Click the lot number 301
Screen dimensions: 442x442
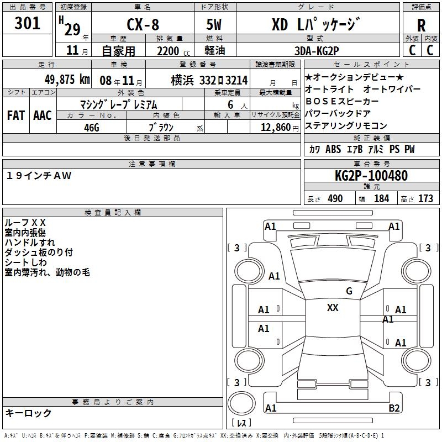tap(28, 24)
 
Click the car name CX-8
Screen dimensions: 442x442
tap(143, 25)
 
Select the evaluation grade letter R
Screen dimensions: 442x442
tap(421, 25)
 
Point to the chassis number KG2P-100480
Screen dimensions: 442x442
tap(371, 176)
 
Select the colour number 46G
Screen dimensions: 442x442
tap(92, 127)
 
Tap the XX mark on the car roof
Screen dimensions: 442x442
tap(333, 308)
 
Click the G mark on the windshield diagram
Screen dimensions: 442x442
tap(349, 291)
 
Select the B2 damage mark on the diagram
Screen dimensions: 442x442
tap(394, 408)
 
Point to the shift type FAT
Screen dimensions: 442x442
tap(15, 115)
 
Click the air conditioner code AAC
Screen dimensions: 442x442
tap(43, 115)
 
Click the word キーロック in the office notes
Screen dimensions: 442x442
tap(29, 413)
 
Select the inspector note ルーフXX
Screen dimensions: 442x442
tap(25, 223)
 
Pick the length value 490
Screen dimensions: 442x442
tap(335, 199)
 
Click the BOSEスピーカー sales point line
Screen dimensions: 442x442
tap(342, 102)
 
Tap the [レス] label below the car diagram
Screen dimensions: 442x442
tap(241, 423)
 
